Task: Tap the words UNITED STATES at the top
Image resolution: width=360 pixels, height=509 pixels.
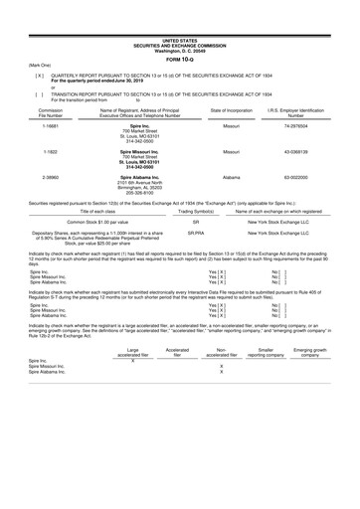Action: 180,6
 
